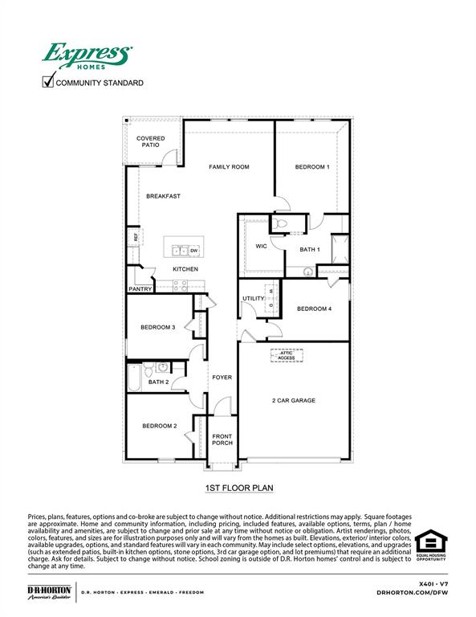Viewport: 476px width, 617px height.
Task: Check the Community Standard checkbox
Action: [x=48, y=80]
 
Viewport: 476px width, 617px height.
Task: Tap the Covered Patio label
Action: [x=150, y=141]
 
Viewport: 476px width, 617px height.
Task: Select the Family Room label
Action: [x=229, y=167]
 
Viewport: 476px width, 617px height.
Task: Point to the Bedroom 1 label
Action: [x=311, y=167]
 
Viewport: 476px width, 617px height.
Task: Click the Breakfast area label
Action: [x=163, y=196]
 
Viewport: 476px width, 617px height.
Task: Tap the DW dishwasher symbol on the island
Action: [x=193, y=251]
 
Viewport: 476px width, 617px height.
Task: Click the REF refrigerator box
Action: [x=136, y=237]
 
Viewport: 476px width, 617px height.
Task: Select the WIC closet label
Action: [x=260, y=246]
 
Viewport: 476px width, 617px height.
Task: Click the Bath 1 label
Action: [x=310, y=250]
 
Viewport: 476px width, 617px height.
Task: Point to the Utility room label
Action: [x=253, y=299]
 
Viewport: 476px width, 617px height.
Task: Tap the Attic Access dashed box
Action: [x=287, y=355]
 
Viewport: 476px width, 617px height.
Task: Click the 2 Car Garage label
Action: [x=294, y=400]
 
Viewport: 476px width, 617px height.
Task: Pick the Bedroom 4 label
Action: [x=314, y=308]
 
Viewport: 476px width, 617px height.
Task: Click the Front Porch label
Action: [x=222, y=440]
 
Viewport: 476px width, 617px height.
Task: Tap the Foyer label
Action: [x=222, y=378]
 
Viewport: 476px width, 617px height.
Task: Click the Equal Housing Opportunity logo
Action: [x=430, y=548]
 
